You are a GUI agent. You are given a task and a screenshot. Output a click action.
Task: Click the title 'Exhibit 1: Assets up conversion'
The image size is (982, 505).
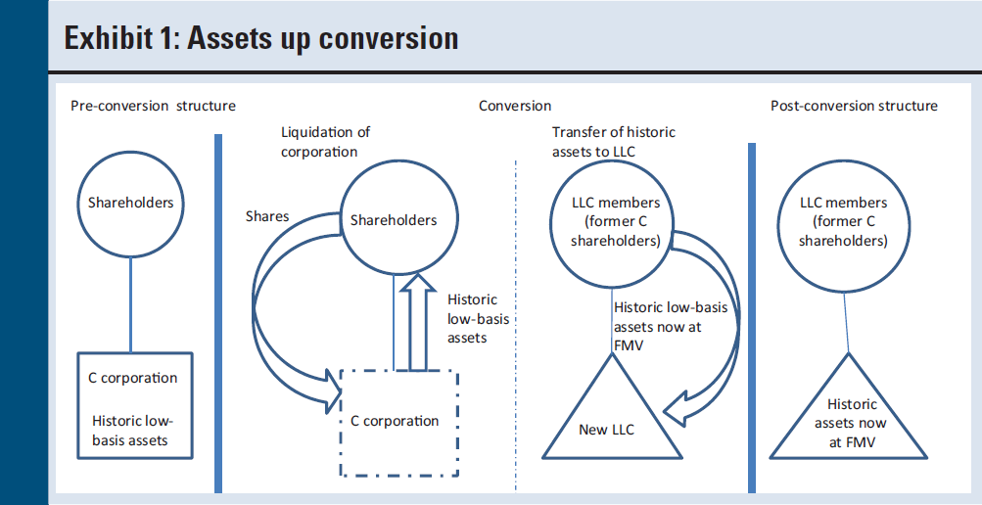(260, 38)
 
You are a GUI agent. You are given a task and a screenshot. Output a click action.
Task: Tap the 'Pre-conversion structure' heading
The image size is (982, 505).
(153, 106)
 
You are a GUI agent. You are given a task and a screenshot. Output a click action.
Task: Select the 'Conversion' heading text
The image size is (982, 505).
(514, 106)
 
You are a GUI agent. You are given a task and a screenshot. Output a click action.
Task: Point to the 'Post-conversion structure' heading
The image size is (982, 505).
(853, 106)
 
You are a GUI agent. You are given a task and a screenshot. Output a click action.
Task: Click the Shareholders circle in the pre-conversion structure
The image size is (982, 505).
(130, 203)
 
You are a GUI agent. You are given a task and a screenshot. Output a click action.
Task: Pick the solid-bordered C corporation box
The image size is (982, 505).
(130, 407)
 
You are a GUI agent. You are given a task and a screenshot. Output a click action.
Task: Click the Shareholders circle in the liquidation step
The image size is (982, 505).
(394, 220)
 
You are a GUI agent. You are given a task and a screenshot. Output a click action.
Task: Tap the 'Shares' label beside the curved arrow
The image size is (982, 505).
(267, 216)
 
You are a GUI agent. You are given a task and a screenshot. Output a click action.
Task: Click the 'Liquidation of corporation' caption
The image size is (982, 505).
(325, 142)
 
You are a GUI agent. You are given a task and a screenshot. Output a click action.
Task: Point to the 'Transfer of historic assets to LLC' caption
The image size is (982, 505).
(613, 142)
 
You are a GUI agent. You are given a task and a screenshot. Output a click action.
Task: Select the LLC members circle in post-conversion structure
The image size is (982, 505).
(843, 222)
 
